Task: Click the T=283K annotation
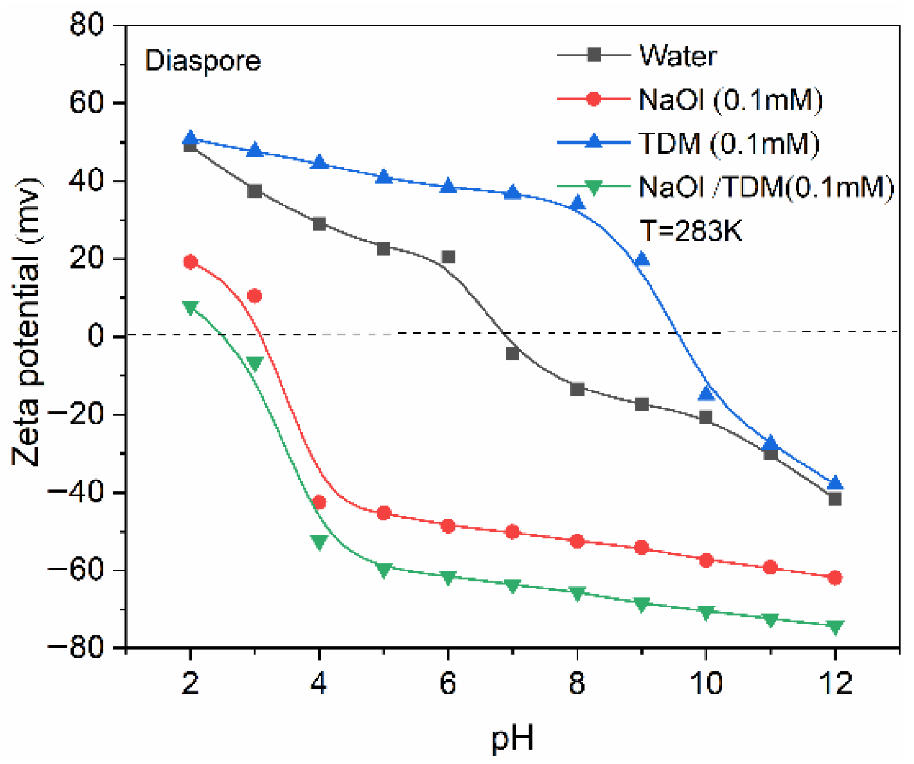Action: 691,230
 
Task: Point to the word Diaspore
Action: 202,61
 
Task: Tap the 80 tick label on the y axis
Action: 87,25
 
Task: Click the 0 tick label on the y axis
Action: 96,336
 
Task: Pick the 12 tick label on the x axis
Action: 835,683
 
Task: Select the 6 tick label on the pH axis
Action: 448,683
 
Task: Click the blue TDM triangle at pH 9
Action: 642,259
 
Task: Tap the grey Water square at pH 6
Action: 448,257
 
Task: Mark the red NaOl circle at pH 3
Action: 255,296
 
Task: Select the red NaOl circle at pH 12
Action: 835,577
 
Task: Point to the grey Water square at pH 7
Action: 513,353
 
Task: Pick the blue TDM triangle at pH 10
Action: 706,393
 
